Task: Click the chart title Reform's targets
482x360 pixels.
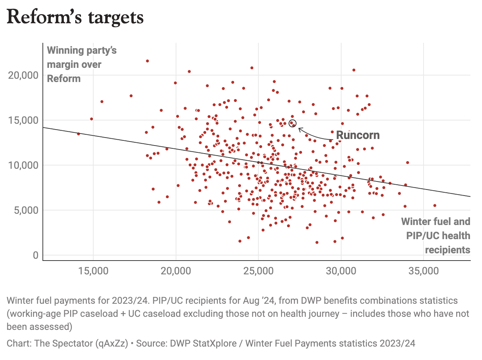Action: (75, 17)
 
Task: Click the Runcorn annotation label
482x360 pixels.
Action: (358, 135)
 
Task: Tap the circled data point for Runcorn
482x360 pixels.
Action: (293, 123)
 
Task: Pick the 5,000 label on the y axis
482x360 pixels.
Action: (26, 210)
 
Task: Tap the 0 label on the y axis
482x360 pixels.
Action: (36, 255)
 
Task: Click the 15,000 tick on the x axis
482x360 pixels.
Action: (93, 271)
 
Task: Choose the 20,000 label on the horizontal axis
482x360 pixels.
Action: (176, 271)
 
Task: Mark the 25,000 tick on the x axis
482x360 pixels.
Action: (258, 271)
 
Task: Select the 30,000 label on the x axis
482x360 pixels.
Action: (341, 271)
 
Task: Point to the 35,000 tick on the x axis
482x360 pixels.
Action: (424, 271)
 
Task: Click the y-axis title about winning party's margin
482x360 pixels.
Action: (82, 64)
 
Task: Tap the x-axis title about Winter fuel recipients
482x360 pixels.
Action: (436, 236)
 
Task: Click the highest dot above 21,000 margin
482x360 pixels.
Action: (147, 61)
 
